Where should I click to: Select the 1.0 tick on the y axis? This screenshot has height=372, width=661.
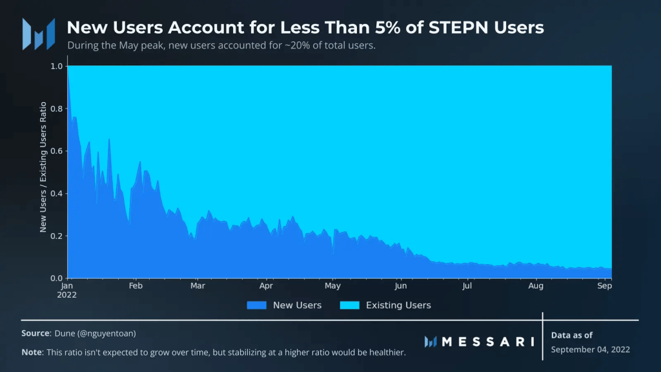tap(57, 66)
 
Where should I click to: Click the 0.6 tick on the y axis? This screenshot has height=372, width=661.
tap(57, 151)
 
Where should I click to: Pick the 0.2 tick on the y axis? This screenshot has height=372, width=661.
tap(57, 236)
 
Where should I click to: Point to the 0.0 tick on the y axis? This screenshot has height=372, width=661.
tap(57, 278)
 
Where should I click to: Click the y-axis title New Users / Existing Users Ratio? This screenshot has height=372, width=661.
tap(43, 167)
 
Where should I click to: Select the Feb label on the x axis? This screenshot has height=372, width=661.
tap(136, 285)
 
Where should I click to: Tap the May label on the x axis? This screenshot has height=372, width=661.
tap(332, 285)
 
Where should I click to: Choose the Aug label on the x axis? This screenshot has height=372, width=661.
tap(535, 285)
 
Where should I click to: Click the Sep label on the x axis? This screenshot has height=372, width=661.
tap(604, 285)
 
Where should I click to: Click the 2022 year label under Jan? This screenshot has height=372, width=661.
tap(67, 294)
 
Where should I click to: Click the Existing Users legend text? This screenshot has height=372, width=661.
tap(398, 305)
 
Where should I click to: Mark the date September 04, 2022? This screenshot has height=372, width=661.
tap(590, 349)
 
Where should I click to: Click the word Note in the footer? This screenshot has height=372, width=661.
tap(32, 352)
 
